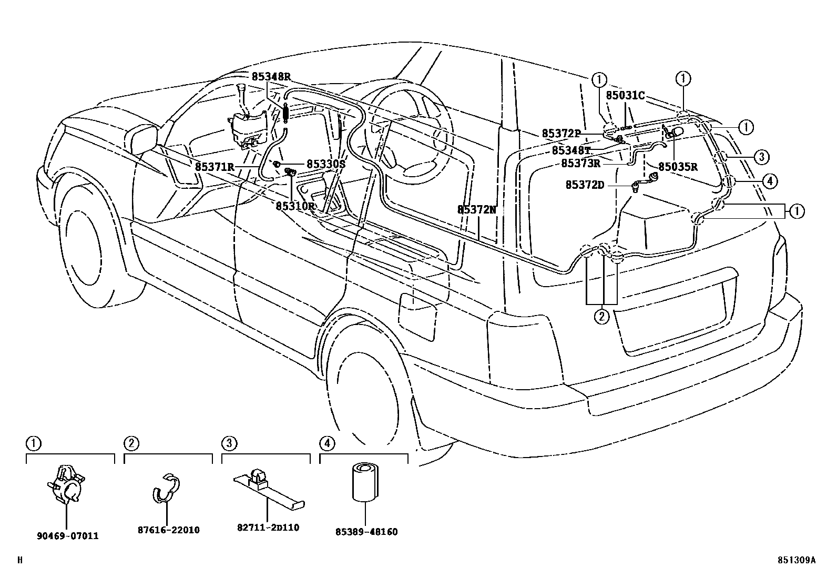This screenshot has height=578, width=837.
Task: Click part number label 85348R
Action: click(x=270, y=76)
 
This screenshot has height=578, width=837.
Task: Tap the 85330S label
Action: click(x=325, y=164)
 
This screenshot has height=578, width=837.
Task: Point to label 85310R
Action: click(x=295, y=206)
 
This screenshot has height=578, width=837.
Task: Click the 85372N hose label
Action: click(x=476, y=209)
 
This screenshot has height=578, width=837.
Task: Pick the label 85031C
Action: click(x=625, y=95)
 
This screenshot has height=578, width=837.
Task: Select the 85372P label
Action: click(x=562, y=134)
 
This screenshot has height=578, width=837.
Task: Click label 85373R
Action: click(x=580, y=163)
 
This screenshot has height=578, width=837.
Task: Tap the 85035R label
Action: click(x=678, y=167)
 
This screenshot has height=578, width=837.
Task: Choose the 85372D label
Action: click(x=585, y=185)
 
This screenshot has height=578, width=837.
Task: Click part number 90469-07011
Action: click(x=68, y=536)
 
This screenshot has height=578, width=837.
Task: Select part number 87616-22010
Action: click(x=169, y=530)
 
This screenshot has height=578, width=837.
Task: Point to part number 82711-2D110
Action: click(x=268, y=527)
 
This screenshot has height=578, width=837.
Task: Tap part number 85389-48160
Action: click(x=366, y=532)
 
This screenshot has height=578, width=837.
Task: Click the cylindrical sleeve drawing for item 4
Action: click(x=363, y=482)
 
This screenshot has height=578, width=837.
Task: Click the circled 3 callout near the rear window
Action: click(x=761, y=156)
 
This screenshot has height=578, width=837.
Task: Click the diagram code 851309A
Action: click(x=797, y=561)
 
